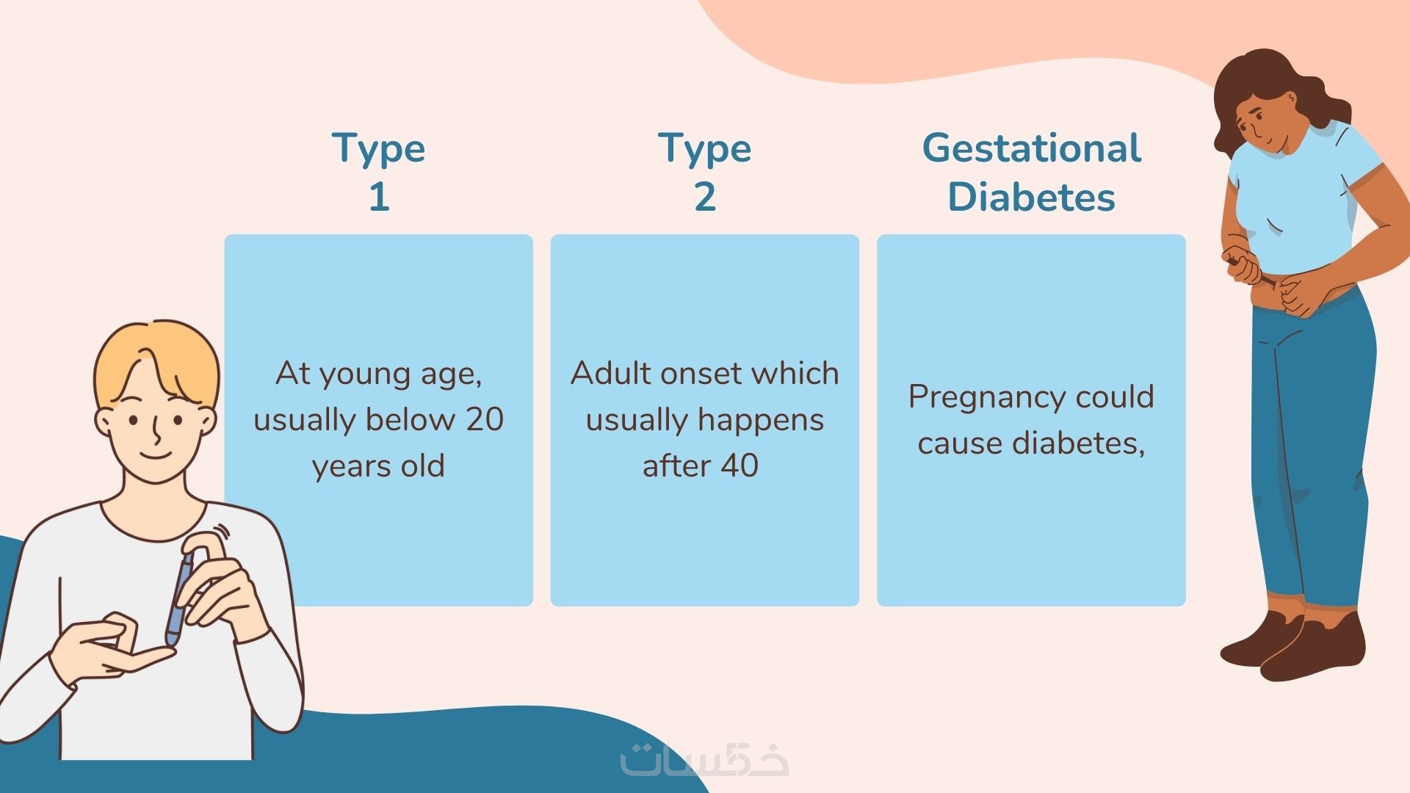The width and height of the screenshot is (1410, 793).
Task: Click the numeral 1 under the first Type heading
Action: [379, 197]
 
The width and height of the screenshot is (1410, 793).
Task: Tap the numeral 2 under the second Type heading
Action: [705, 197]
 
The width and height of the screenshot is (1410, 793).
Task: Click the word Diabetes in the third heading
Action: [1032, 197]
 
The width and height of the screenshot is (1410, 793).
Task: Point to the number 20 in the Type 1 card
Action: [485, 419]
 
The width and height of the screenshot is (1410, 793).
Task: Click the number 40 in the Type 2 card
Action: [739, 466]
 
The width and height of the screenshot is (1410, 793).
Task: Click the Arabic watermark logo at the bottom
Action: [704, 759]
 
